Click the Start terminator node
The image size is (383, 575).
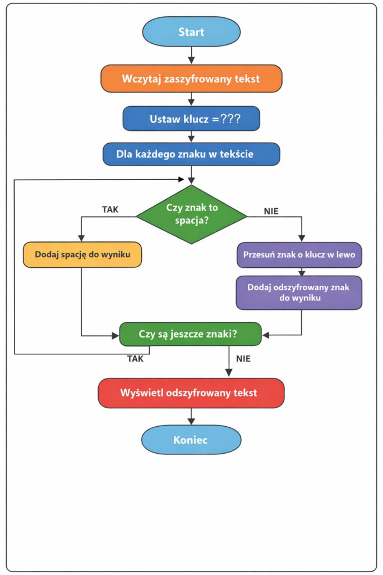pyautogui.click(x=191, y=31)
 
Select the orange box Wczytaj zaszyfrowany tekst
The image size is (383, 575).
pyautogui.click(x=191, y=79)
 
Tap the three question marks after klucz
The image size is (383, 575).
pyautogui.click(x=230, y=119)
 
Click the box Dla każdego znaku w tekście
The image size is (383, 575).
pyautogui.click(x=191, y=154)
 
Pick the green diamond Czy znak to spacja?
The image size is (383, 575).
pyautogui.click(x=192, y=214)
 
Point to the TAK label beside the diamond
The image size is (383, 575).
pyautogui.click(x=110, y=209)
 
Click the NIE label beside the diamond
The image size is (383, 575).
pyautogui.click(x=271, y=211)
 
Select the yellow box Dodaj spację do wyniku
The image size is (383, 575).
pyautogui.click(x=82, y=254)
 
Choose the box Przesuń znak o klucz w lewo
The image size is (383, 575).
pyautogui.click(x=299, y=254)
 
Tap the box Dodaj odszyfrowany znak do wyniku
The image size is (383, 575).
pyautogui.click(x=299, y=293)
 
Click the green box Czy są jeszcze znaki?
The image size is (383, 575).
pyautogui.click(x=191, y=334)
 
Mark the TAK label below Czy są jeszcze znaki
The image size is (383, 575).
pyautogui.click(x=135, y=359)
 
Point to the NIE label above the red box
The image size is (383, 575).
pyautogui.click(x=243, y=359)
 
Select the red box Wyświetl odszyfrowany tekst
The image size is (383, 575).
pyautogui.click(x=191, y=393)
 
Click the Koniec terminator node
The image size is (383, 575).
pyautogui.click(x=191, y=440)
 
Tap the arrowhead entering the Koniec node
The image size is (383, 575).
pyautogui.click(x=192, y=422)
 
